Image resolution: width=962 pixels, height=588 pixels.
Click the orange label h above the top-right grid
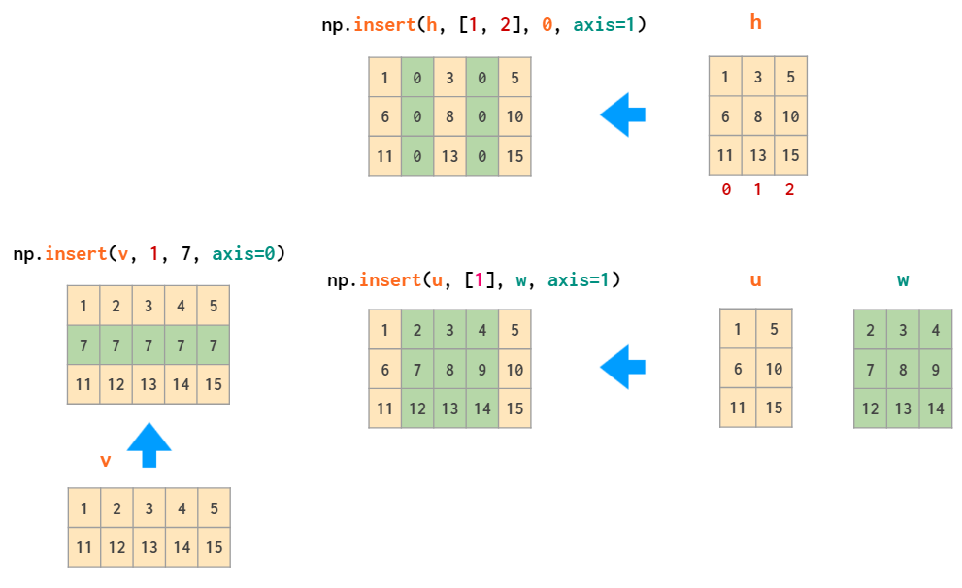tap(756, 22)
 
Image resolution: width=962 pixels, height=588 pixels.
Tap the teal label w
tap(903, 280)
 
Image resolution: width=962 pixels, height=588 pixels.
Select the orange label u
tap(756, 280)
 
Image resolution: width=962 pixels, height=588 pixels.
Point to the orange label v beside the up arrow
tap(106, 460)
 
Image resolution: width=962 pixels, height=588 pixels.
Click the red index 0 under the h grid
tap(726, 190)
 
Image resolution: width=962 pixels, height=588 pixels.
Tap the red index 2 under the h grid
tap(789, 190)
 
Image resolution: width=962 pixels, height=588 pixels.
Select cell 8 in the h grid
tap(758, 116)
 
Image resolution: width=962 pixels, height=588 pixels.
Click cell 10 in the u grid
tap(774, 369)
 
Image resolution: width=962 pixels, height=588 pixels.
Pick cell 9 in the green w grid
tap(936, 369)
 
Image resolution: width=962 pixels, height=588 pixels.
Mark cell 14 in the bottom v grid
tap(182, 547)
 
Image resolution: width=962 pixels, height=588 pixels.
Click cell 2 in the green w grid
tap(871, 330)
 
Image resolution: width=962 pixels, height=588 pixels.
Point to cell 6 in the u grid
tap(738, 369)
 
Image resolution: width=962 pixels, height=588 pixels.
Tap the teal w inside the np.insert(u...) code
tap(521, 280)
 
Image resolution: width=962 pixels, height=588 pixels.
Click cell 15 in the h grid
tap(790, 155)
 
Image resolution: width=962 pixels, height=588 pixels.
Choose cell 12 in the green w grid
tap(871, 408)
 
